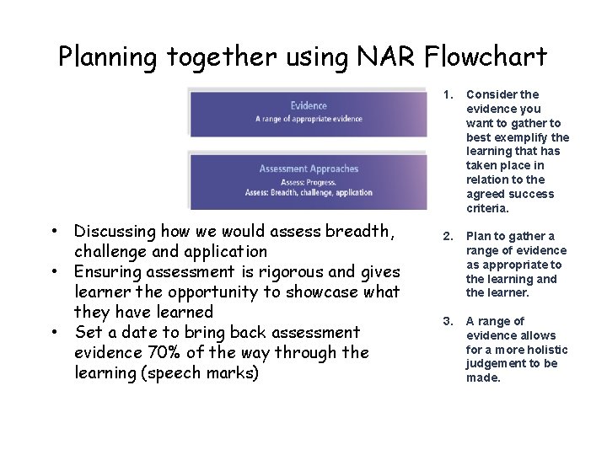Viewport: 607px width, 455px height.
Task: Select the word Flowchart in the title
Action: point(486,56)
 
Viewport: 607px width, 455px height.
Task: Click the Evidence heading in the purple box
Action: point(309,105)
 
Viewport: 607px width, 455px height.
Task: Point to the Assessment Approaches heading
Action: point(309,169)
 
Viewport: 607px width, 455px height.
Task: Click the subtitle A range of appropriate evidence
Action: point(309,119)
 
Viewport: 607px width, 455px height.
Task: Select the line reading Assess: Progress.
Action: point(309,181)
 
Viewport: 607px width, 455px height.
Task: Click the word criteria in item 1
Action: point(486,208)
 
